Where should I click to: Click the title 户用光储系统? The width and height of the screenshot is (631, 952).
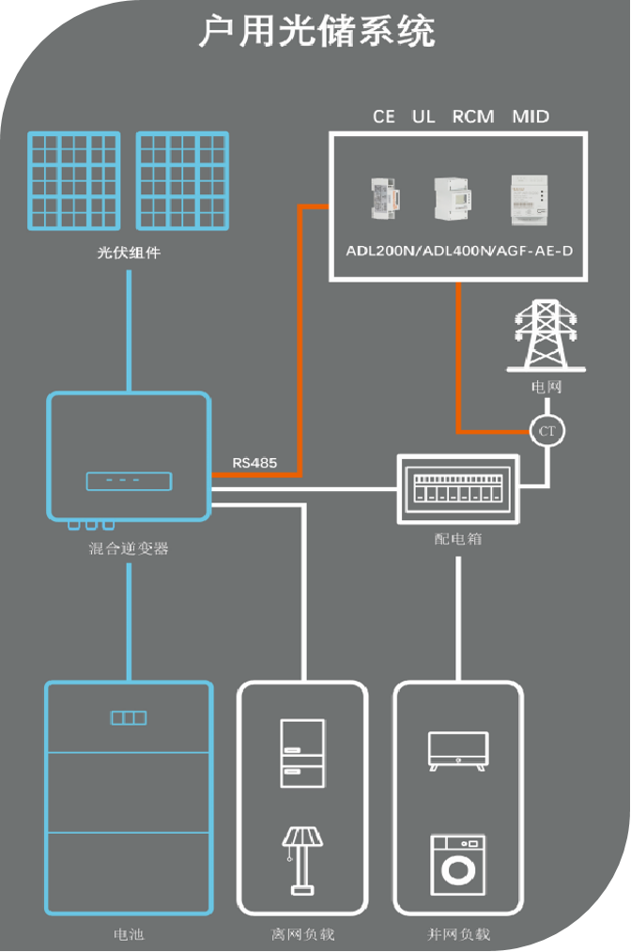316,32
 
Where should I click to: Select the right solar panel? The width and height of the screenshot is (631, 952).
183,181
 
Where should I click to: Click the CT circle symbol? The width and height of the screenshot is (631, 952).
546,431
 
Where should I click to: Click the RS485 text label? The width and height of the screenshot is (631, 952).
255,462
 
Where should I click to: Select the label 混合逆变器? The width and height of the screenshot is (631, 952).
129,548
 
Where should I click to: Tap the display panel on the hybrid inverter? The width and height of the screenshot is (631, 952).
130,481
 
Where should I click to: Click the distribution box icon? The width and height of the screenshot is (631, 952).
457,489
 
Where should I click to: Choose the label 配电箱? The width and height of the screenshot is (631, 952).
458,540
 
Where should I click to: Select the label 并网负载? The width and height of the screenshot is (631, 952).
458,934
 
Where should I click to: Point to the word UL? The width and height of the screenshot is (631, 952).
423,117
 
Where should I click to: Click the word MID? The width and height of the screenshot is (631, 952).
531,117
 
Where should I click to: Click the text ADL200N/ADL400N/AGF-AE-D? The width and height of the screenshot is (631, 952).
458,253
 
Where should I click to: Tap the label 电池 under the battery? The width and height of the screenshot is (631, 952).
129,934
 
